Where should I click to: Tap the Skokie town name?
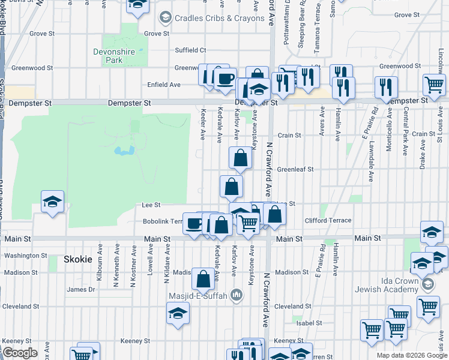pyautogui.click(x=78, y=259)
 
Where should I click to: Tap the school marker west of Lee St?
pyautogui.click(x=53, y=201)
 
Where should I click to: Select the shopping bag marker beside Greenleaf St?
pyautogui.click(x=240, y=159)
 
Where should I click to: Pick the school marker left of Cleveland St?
pyautogui.click(x=177, y=314)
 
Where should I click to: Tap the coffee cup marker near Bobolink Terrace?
pyautogui.click(x=193, y=224)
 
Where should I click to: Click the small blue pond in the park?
pyautogui.click(x=124, y=151)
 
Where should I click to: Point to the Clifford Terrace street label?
pyautogui.click(x=328, y=221)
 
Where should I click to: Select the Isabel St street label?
pyautogui.click(x=309, y=323)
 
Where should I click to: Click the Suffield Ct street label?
pyautogui.click(x=190, y=50)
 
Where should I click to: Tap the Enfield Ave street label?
pyautogui.click(x=164, y=85)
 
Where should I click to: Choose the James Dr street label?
pyautogui.click(x=81, y=289)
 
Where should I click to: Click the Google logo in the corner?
pyautogui.click(x=20, y=353)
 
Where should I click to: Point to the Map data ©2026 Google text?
pyautogui.click(x=412, y=355)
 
